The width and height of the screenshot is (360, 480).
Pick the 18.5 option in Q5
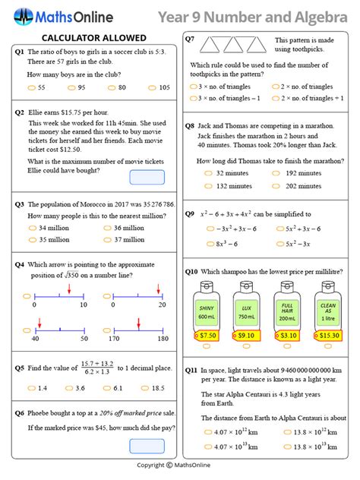click(x=153, y=387)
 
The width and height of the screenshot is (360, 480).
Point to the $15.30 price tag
click(x=327, y=335)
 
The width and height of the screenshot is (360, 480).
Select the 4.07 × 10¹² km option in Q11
click(x=228, y=433)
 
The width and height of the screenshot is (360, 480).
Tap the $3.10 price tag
click(x=288, y=335)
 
